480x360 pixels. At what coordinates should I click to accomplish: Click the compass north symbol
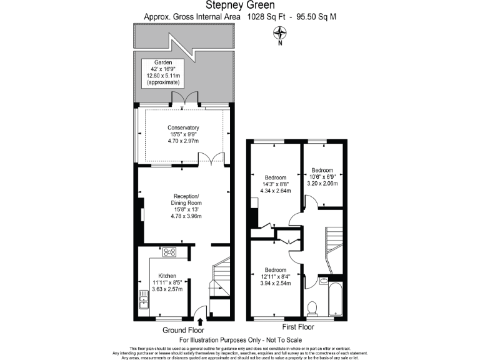(281, 35)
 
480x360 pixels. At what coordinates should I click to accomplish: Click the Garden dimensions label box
(162, 72)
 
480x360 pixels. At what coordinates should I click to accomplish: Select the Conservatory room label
(182, 134)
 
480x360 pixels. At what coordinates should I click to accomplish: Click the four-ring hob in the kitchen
(169, 252)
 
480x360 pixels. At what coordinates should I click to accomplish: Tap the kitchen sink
(143, 301)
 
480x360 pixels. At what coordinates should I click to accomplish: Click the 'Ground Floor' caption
(183, 330)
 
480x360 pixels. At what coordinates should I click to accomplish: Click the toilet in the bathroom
(312, 307)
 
